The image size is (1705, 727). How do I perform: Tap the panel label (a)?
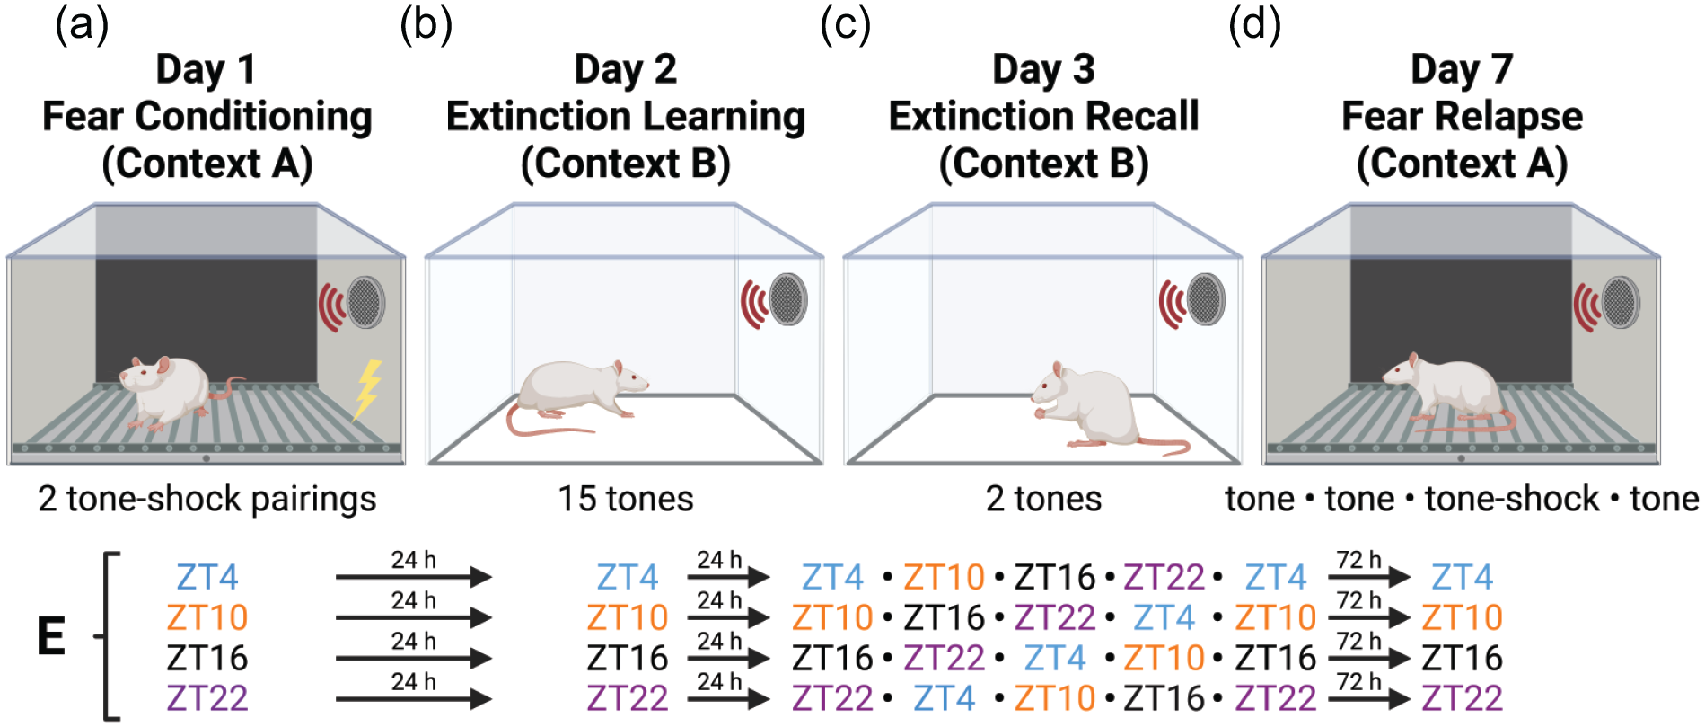[x=83, y=25]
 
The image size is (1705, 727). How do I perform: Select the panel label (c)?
[x=846, y=25]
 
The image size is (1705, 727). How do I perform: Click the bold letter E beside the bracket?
[x=51, y=636]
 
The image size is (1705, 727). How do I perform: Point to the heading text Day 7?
[x=1462, y=69]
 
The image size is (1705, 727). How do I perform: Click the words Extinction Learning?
[x=626, y=117]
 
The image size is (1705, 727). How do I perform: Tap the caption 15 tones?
[x=626, y=498]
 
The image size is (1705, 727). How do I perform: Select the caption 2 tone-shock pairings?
[x=207, y=500]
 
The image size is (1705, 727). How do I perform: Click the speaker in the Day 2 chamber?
[x=787, y=299]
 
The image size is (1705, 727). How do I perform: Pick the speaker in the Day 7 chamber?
[x=1621, y=303]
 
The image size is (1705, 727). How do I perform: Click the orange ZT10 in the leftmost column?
[x=207, y=617]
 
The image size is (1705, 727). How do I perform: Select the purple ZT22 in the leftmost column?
[x=207, y=698]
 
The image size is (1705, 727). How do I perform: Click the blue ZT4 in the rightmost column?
[x=1463, y=577]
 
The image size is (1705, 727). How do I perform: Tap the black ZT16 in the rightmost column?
[x=1463, y=658]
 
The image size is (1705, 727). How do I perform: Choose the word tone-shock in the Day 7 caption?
[x=1512, y=498]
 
